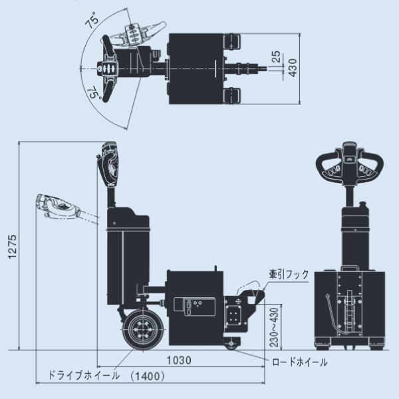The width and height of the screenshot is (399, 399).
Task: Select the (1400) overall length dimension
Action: [x=148, y=376]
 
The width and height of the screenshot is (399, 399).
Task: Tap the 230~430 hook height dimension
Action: [x=274, y=325]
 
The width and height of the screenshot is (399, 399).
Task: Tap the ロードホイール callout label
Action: [x=300, y=362]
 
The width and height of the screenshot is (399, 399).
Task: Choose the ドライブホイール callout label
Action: [x=84, y=376]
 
